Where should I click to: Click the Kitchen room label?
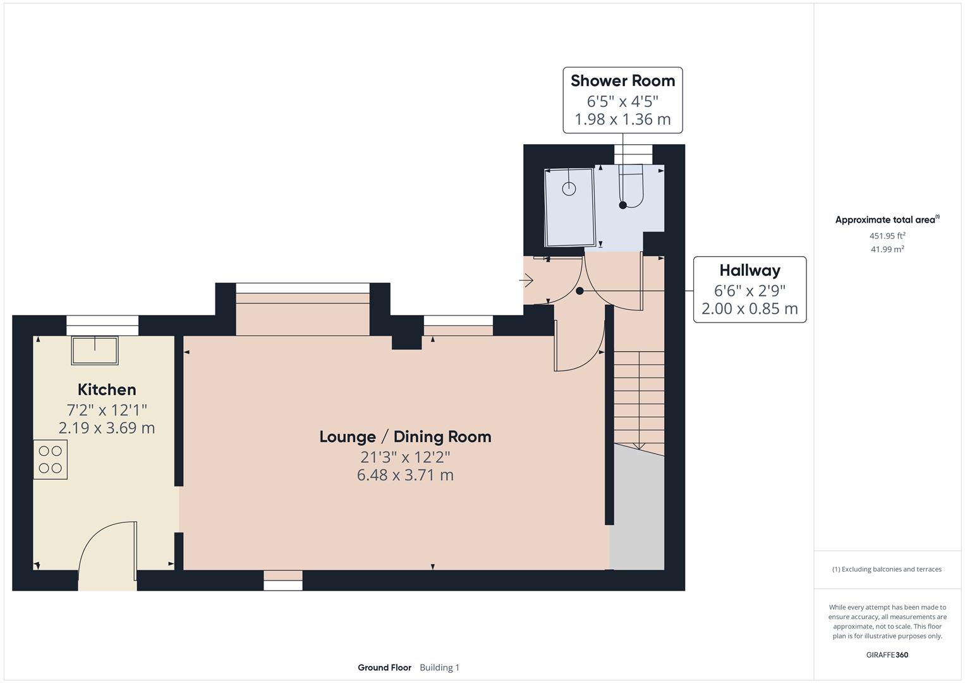106,390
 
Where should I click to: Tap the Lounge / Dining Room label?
405,436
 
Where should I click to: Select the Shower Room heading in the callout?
622,81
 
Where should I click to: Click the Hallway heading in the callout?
750,271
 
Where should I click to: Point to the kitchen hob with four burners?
51,460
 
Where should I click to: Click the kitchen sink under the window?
95,350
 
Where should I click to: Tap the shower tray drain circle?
569,188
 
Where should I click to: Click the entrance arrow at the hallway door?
526,280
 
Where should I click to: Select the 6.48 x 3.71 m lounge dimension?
405,475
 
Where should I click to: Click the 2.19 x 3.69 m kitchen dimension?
106,428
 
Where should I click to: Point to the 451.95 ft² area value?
887,236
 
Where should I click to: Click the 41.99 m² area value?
887,249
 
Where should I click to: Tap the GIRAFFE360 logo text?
887,655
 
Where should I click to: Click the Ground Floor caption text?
384,668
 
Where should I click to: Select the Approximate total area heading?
885,220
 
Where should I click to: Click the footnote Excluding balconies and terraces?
887,569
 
